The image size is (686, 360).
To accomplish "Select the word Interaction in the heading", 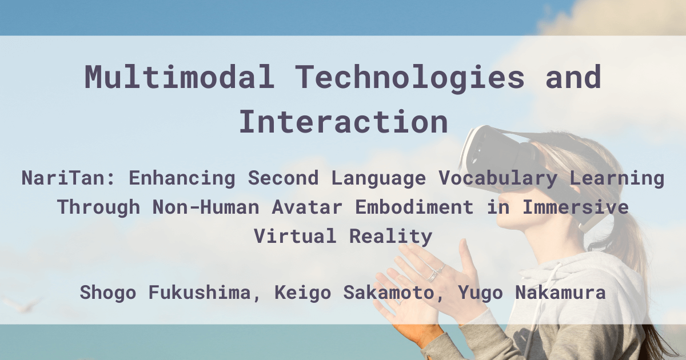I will pos(343,121).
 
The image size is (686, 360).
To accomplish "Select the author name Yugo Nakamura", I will pos(532,293).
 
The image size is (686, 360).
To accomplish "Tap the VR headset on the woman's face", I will pos(497,154).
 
